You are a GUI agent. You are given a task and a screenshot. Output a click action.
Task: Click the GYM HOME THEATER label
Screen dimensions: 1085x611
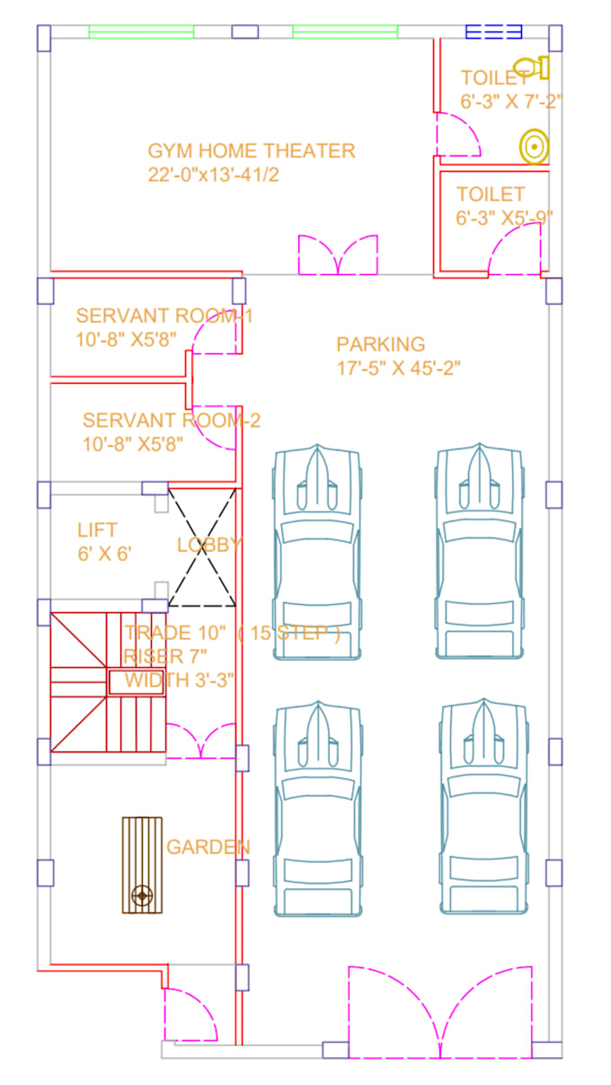[252, 151]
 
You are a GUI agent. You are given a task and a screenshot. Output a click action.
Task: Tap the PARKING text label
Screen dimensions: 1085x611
[380, 344]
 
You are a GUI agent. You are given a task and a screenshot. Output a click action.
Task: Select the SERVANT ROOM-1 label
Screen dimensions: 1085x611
[164, 316]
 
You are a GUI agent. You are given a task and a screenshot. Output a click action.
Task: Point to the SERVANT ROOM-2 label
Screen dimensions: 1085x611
[171, 420]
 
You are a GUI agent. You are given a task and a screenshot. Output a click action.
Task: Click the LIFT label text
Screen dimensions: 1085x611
[97, 529]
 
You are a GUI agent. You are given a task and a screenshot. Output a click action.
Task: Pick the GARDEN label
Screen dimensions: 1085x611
[208, 847]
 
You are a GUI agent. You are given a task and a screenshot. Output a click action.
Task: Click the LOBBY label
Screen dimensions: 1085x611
[209, 545]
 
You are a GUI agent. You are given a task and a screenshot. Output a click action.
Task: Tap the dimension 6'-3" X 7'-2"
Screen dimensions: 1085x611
[511, 101]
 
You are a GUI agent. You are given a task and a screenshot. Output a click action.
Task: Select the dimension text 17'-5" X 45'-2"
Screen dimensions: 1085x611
[399, 369]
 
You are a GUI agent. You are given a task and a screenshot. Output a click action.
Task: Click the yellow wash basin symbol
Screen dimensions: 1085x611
[534, 147]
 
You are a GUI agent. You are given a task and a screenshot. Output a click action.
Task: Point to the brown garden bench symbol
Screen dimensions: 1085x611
[142, 865]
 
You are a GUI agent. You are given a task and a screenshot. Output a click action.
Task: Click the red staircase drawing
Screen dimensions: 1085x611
[107, 681]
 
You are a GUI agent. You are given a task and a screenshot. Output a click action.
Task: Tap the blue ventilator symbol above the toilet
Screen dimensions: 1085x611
[493, 32]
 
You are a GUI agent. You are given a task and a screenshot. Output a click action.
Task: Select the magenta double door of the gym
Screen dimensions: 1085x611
[338, 255]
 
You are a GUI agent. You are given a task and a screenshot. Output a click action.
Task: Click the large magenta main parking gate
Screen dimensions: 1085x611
[440, 1012]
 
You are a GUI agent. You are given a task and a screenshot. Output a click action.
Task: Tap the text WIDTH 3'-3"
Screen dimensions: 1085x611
[180, 680]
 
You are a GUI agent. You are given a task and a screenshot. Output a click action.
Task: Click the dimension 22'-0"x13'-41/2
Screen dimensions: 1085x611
[213, 174]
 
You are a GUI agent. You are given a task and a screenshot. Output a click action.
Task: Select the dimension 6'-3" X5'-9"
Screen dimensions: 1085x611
[504, 217]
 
